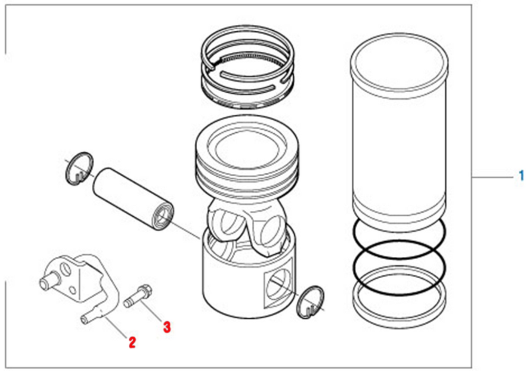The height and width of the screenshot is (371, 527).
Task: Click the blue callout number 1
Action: tap(521, 176)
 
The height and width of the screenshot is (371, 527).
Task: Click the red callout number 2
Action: tap(132, 342)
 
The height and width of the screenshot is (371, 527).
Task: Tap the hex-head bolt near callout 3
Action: tap(138, 295)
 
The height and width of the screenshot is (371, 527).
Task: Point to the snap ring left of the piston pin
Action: tap(79, 168)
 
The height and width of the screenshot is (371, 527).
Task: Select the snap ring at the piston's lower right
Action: tap(311, 302)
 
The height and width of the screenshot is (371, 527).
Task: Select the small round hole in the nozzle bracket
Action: tap(72, 290)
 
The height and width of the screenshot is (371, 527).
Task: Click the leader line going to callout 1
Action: tap(493, 176)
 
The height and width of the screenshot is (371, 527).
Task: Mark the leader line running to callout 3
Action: tap(152, 311)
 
